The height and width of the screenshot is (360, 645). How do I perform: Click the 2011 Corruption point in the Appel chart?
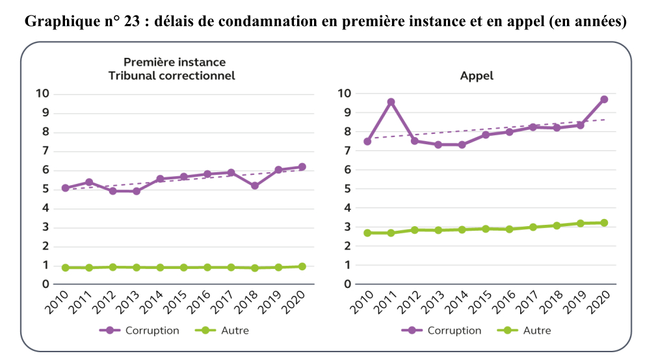(x=391, y=102)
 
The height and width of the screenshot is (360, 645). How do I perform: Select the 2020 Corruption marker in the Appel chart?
(x=604, y=99)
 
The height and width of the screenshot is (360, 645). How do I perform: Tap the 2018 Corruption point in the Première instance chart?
(x=255, y=186)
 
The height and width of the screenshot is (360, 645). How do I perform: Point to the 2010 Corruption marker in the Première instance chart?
(x=65, y=188)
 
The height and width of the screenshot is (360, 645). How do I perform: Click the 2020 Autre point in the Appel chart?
(x=604, y=223)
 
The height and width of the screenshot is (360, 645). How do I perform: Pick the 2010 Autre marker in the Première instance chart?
(x=65, y=268)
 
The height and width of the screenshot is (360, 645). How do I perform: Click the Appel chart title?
(x=477, y=75)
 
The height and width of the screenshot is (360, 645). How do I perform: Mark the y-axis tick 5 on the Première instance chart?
(x=46, y=189)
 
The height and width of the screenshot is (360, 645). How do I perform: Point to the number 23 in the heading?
(x=133, y=21)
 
